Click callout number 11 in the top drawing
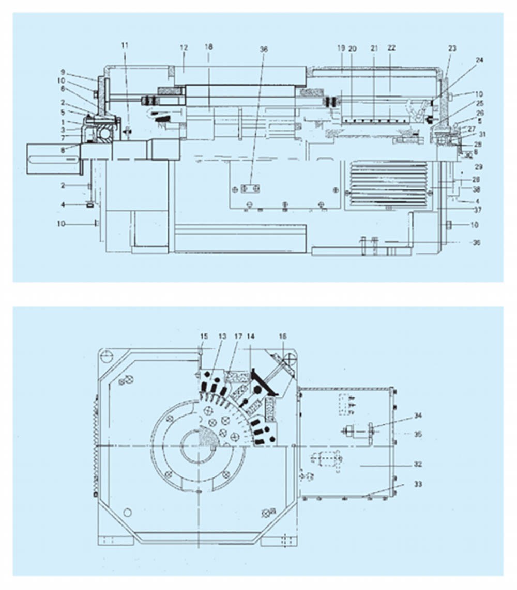tap(125, 45)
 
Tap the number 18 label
tap(208, 47)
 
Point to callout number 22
tap(391, 47)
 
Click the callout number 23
tap(452, 48)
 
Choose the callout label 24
tap(480, 60)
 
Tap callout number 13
tap(222, 337)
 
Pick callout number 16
tap(282, 337)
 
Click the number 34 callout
tap(418, 415)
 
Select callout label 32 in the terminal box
tap(418, 465)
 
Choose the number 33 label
tap(418, 484)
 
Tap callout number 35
tap(418, 434)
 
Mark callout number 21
tap(373, 47)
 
